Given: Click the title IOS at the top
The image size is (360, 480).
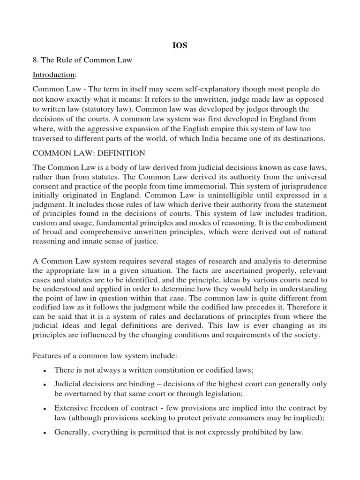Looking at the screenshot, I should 180,45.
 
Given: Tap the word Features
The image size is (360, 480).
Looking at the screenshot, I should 46,355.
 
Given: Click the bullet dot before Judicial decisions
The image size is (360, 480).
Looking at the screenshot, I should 44,384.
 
